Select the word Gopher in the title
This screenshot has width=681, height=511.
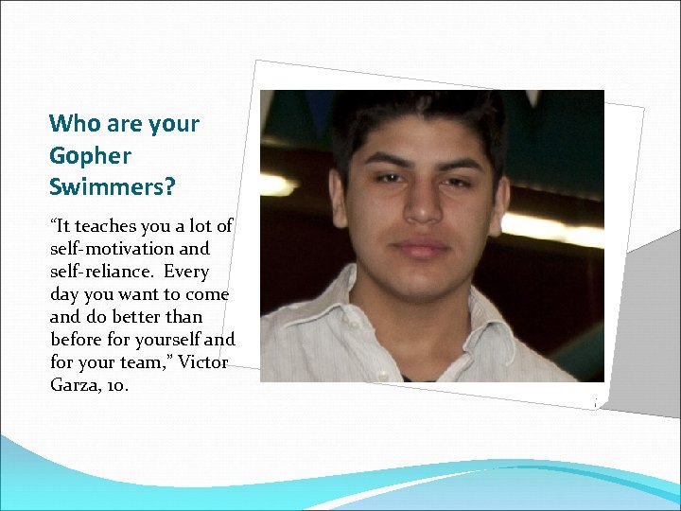pos(90,156)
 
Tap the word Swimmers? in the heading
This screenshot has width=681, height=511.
pos(112,187)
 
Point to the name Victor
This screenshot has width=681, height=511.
pos(202,361)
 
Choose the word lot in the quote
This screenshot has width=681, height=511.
pos(197,227)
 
